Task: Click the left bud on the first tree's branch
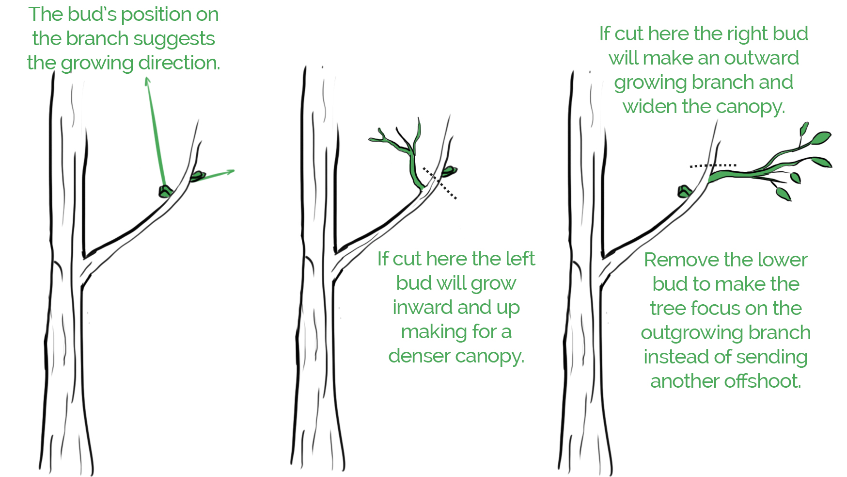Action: coord(165,191)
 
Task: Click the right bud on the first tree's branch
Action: coord(198,176)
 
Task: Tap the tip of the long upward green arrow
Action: coord(147,79)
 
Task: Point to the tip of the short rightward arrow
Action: coord(233,171)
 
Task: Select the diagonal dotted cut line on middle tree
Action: coord(439,183)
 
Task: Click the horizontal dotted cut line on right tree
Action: coord(713,165)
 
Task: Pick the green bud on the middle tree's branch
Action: coord(449,171)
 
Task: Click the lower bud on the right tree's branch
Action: coord(684,192)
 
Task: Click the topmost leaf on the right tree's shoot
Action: coord(804,129)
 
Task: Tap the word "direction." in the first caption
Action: coord(179,63)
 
